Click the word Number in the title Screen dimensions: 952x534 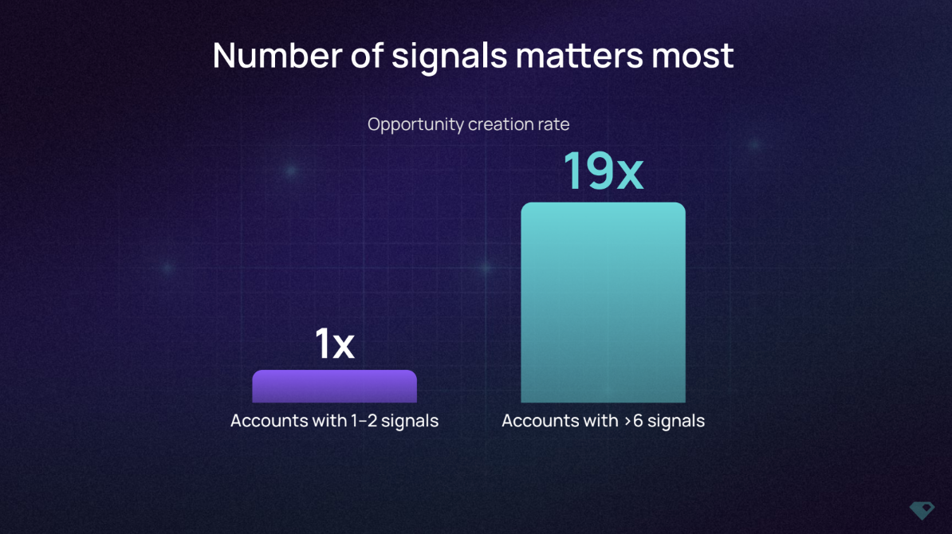[277, 55]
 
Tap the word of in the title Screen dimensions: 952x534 [367, 55]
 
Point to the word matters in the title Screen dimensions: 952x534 [580, 56]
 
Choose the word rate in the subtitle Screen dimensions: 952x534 [553, 124]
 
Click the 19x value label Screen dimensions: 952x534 [603, 171]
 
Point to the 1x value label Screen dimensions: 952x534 [335, 344]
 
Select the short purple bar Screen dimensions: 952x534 [335, 386]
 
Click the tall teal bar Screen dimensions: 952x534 [603, 302]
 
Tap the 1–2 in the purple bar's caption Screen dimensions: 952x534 [364, 421]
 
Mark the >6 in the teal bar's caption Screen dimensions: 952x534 [633, 421]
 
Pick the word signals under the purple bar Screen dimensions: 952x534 [410, 422]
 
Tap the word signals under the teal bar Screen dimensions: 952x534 [676, 422]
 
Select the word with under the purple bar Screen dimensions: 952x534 [329, 420]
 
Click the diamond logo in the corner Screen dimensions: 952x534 [922, 510]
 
